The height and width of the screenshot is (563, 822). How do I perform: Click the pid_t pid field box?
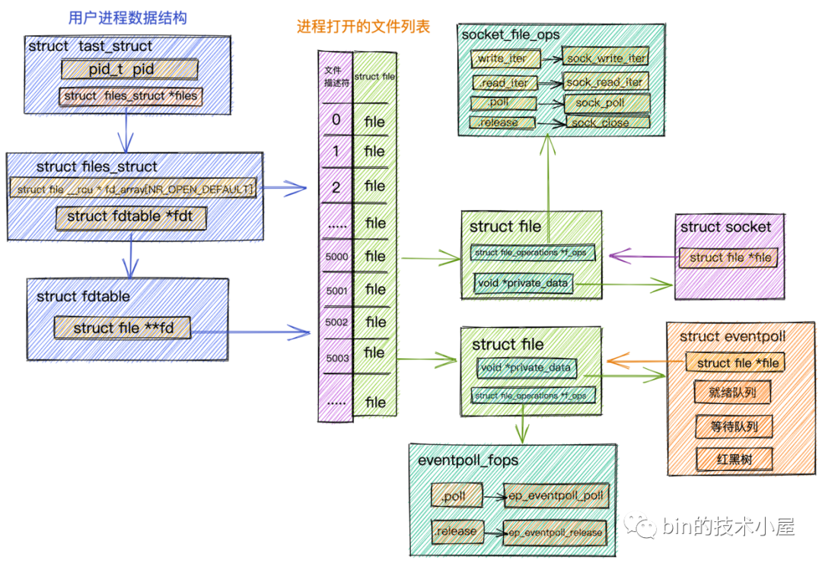pyautogui.click(x=128, y=70)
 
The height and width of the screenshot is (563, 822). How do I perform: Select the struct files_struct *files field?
pyautogui.click(x=130, y=97)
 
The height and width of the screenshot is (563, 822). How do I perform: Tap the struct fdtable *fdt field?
pyautogui.click(x=131, y=217)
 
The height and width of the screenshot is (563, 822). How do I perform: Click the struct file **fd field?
pyautogui.click(x=122, y=329)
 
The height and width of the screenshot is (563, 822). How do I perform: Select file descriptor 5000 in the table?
pyautogui.click(x=336, y=257)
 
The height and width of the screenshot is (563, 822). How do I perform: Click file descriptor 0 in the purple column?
pyautogui.click(x=336, y=120)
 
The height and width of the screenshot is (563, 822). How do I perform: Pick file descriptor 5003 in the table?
pyautogui.click(x=336, y=357)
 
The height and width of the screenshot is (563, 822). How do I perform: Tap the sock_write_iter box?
pyautogui.click(x=606, y=58)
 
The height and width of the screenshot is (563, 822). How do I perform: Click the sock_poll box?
pyautogui.click(x=606, y=103)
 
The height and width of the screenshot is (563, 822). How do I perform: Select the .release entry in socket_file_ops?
pyautogui.click(x=502, y=122)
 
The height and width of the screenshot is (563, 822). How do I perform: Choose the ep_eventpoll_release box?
pyautogui.click(x=556, y=533)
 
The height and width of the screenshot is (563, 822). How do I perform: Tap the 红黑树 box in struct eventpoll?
pyautogui.click(x=734, y=459)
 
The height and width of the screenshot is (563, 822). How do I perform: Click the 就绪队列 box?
pyautogui.click(x=733, y=393)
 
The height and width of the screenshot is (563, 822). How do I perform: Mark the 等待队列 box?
pyautogui.click(x=734, y=426)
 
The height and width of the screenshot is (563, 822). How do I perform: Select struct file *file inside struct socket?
pyautogui.click(x=730, y=258)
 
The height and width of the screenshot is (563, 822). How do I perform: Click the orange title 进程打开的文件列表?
pyautogui.click(x=363, y=27)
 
